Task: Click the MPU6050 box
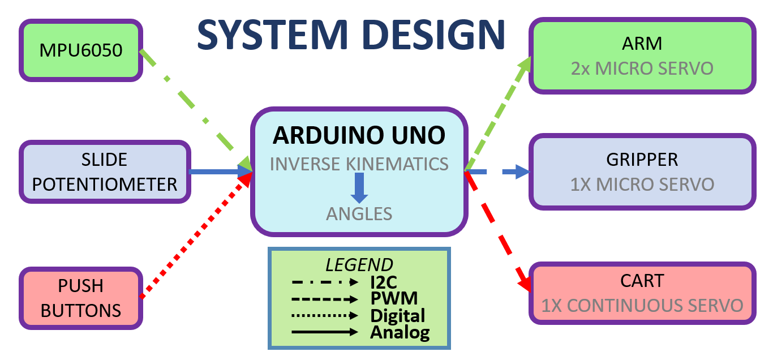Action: coord(81,50)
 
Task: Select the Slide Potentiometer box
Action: coord(105,172)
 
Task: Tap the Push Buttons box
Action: coord(81,298)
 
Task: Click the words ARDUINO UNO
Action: coord(359,135)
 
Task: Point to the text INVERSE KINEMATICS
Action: coord(359,164)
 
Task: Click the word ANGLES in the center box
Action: coord(359,213)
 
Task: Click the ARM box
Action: coord(642,55)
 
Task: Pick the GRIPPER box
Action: coord(642,172)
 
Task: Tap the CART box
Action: coord(642,293)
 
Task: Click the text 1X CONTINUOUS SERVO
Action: coord(642,306)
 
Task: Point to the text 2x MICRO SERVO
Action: coord(642,68)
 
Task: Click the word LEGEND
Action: coord(359,265)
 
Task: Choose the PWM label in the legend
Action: coord(394,298)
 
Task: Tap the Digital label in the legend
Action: coord(397,315)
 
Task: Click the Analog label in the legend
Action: coord(400,332)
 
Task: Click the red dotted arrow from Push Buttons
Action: coord(195,235)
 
